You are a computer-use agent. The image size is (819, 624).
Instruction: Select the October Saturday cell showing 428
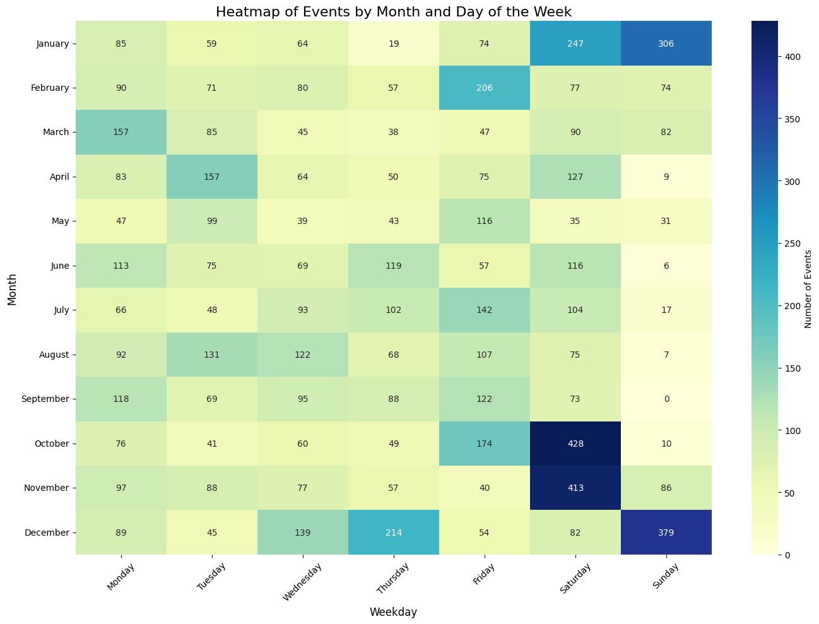pos(575,444)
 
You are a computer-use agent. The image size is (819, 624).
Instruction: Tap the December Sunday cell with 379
pos(666,533)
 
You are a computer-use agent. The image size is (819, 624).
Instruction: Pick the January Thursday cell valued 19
pos(394,44)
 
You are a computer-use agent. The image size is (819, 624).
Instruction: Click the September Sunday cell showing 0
pos(666,399)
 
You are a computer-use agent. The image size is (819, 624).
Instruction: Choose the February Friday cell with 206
pos(485,88)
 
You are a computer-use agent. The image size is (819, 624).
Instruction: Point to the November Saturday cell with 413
pos(575,488)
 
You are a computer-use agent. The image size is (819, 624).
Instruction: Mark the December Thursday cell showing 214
pos(394,533)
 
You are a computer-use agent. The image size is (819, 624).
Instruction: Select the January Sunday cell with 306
pos(666,44)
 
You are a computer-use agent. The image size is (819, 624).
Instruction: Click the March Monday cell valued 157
pos(121,132)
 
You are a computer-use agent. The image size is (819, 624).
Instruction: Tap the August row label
pos(55,355)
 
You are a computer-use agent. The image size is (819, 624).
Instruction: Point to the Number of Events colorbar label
pos(808,288)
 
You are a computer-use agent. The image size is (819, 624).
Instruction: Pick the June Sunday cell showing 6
pos(666,266)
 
